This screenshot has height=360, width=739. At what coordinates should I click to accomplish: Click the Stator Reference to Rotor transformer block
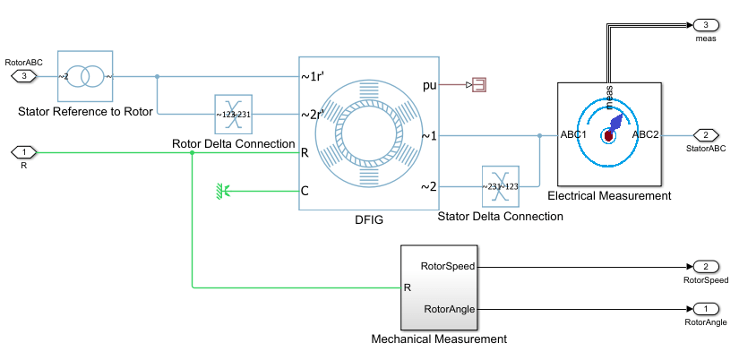click(x=85, y=76)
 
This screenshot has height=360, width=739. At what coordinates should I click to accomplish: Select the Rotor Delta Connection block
click(x=233, y=115)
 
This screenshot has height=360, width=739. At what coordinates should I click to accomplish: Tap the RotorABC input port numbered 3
click(x=24, y=76)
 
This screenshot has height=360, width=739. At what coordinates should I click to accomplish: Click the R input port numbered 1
click(x=24, y=151)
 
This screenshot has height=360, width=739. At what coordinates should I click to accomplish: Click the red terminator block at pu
click(x=478, y=85)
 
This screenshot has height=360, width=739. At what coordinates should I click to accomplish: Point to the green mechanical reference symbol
click(x=223, y=190)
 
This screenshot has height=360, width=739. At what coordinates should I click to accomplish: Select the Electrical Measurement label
click(x=608, y=195)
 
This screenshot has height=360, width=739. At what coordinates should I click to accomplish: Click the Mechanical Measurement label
click(x=439, y=339)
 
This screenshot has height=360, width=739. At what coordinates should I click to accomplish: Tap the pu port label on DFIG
click(x=430, y=85)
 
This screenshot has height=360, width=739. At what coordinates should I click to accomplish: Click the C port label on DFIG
click(x=305, y=190)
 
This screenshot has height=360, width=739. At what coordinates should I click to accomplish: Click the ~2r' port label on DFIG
click(x=312, y=115)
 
